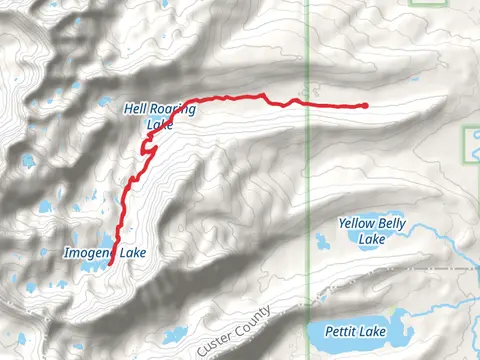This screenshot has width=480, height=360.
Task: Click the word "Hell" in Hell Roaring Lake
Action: pyautogui.click(x=135, y=108)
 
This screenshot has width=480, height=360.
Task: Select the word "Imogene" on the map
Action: pyautogui.click(x=88, y=254)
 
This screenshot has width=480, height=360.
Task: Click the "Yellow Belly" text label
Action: pyautogui.click(x=372, y=224)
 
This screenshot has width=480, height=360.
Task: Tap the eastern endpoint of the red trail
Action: pyautogui.click(x=365, y=105)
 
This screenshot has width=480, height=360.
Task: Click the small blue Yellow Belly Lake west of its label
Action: pyautogui.click(x=323, y=241)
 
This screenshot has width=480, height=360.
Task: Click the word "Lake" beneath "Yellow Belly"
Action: pyautogui.click(x=372, y=239)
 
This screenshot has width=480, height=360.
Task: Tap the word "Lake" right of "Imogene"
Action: pyautogui.click(x=132, y=254)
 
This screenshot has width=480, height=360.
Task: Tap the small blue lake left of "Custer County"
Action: pyautogui.click(x=175, y=334)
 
